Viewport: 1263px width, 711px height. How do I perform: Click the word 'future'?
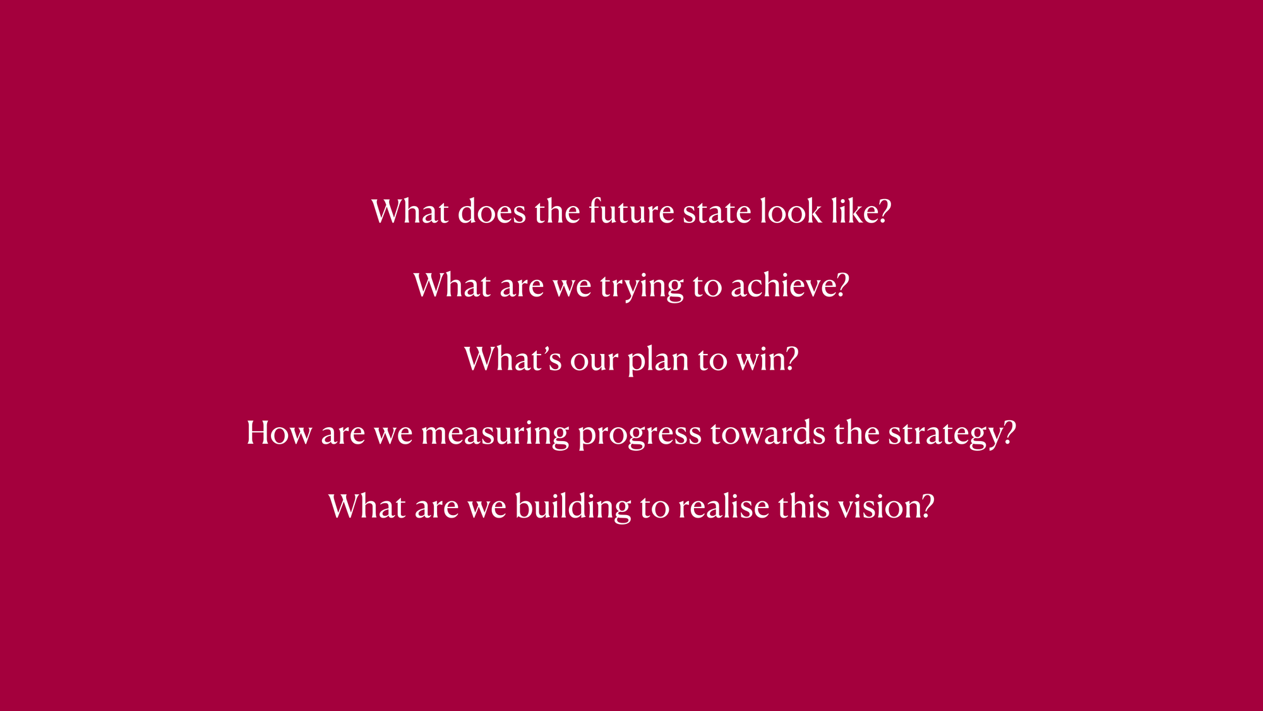(x=631, y=211)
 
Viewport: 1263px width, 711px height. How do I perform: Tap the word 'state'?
(x=717, y=212)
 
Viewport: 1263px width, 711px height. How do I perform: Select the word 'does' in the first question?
(x=491, y=211)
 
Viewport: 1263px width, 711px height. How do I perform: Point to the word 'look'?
(x=791, y=211)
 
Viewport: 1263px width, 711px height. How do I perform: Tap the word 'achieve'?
(x=782, y=285)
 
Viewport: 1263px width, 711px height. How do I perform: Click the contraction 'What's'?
(x=513, y=359)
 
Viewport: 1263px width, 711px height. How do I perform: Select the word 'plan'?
(x=658, y=361)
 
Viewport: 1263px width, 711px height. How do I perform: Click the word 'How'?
(x=279, y=433)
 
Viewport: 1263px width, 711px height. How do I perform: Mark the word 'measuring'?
(x=495, y=435)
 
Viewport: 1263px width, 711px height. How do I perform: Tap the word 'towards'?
(x=768, y=433)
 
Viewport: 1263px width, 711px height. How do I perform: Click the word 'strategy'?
(x=945, y=435)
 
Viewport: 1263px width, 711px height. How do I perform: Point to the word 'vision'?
(x=880, y=507)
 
